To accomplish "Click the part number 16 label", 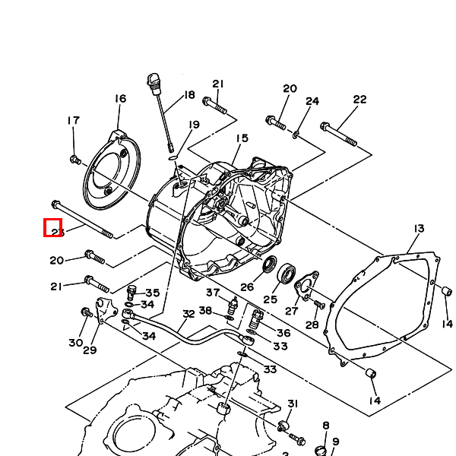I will [120, 99].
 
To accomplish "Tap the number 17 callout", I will [73, 120].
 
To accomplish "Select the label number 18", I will [189, 96].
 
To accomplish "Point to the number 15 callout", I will [242, 138].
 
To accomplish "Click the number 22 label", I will [359, 100].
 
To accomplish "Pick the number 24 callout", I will [312, 101].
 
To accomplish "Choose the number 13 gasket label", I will [419, 228].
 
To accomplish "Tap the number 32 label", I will [188, 313].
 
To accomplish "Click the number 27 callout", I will [292, 310].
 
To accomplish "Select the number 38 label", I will [206, 310].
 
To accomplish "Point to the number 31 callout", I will [293, 404].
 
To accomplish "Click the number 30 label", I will [75, 343].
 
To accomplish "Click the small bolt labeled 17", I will [74, 160].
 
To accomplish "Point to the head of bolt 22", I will [325, 126].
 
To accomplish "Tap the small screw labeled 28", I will [319, 305].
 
